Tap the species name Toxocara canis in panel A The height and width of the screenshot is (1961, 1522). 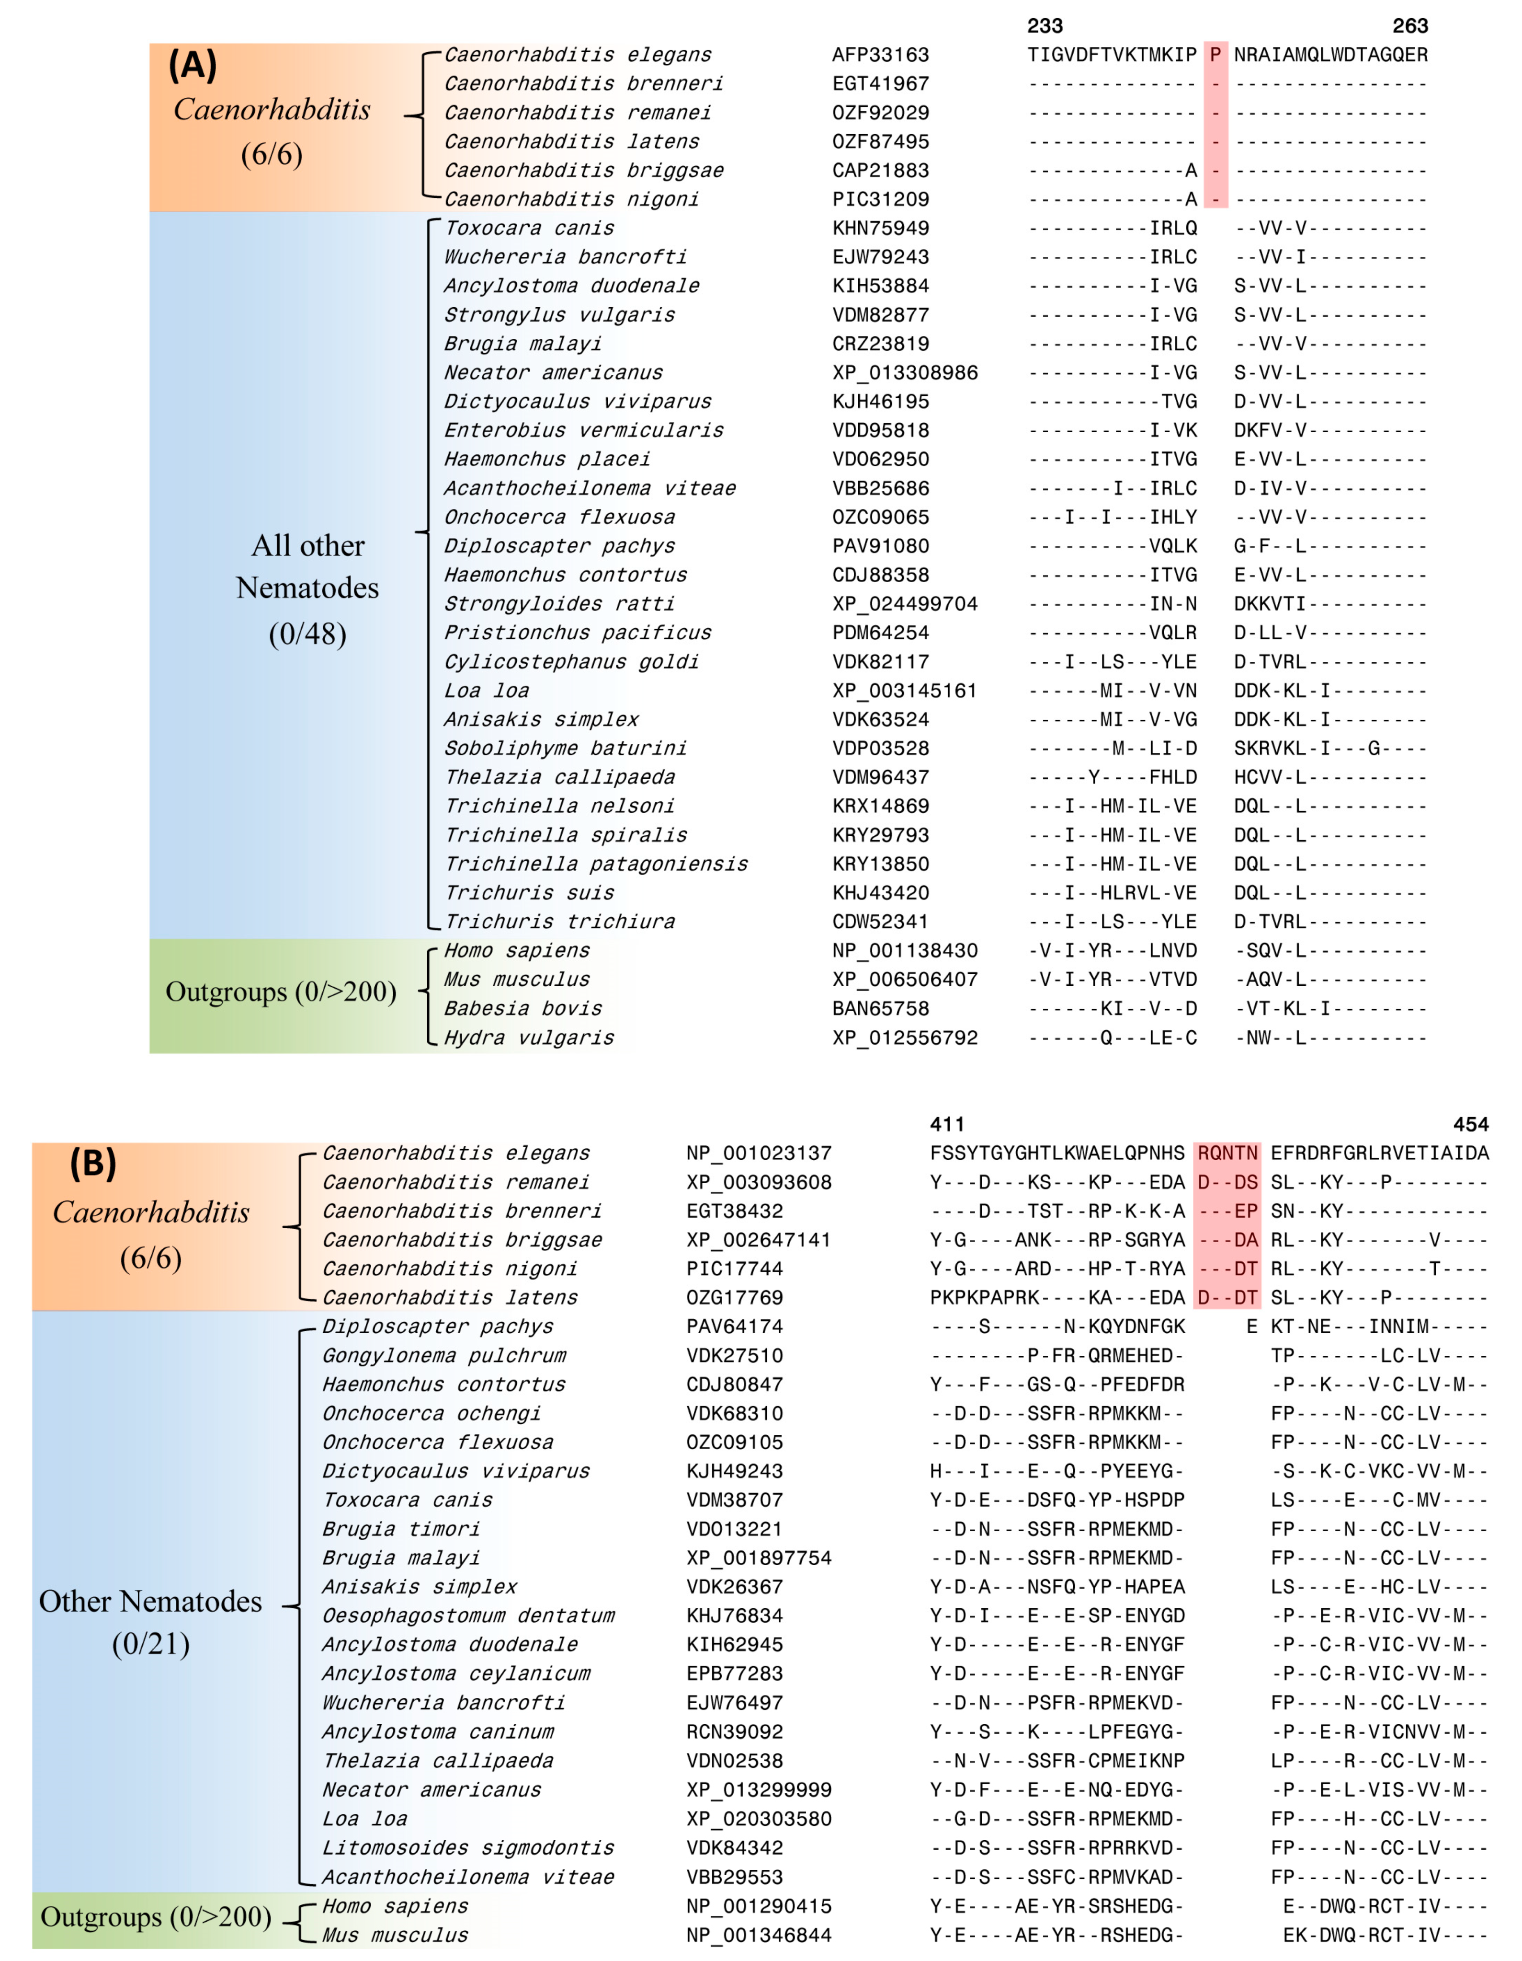(530, 228)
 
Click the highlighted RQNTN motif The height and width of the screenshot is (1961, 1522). (1227, 1153)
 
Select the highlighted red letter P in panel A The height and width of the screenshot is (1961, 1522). (1215, 55)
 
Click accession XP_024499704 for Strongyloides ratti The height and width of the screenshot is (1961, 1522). (905, 603)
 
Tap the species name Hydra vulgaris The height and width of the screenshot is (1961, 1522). (530, 1038)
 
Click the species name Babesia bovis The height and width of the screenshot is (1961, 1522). (523, 1008)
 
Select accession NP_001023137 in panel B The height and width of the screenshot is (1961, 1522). (758, 1153)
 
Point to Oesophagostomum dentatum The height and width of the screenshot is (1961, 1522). (468, 1615)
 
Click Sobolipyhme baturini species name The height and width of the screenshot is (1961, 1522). (566, 748)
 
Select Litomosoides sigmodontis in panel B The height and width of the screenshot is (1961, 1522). (468, 1848)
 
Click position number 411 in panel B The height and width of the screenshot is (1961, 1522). (947, 1124)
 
